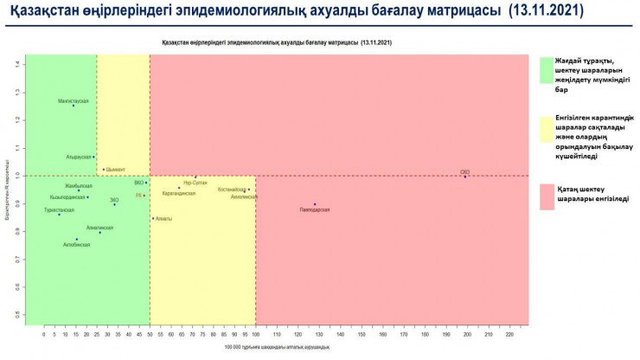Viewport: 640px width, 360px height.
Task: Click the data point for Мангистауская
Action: click(x=74, y=106)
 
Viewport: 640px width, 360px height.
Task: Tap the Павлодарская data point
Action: click(x=315, y=204)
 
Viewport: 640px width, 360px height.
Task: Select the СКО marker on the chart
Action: click(x=465, y=177)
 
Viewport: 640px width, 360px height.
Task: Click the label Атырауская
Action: click(x=79, y=157)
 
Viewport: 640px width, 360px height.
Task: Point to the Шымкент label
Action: click(x=116, y=170)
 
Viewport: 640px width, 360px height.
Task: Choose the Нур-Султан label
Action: click(x=195, y=183)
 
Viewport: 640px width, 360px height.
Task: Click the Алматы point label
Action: click(x=164, y=219)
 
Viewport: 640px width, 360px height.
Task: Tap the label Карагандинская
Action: click(x=179, y=193)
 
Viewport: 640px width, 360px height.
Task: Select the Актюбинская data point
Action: click(x=77, y=239)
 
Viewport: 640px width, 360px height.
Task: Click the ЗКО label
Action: click(x=114, y=200)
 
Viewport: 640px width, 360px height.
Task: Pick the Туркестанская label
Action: click(x=59, y=209)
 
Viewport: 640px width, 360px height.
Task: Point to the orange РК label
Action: click(x=138, y=196)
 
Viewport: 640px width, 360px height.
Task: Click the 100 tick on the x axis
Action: click(x=255, y=332)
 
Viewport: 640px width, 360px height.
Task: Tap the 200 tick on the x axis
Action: click(x=467, y=332)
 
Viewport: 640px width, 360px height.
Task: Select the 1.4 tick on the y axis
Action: click(x=16, y=64)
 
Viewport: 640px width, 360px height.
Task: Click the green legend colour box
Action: click(x=546, y=70)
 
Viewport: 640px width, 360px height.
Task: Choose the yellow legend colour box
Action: click(x=546, y=130)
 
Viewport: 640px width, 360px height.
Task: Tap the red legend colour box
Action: click(x=546, y=196)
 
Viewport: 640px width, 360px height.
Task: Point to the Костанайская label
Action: click(x=233, y=189)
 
